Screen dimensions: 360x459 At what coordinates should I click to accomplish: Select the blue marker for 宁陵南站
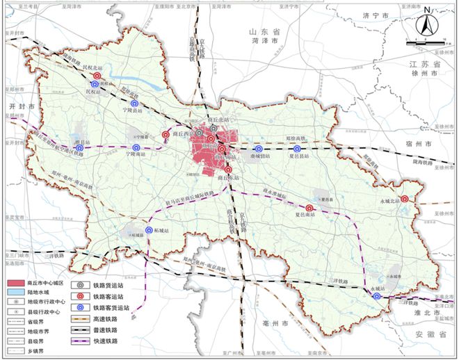pyautogui.click(x=136, y=147)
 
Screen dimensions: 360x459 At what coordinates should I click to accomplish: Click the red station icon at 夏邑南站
pyautogui.click(x=310, y=207)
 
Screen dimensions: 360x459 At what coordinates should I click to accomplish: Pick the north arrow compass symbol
pyautogui.click(x=424, y=26)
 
